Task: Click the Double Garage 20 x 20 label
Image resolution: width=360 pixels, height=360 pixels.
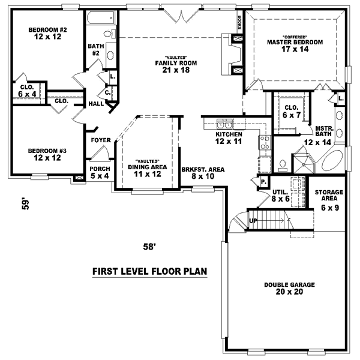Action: pyautogui.click(x=289, y=289)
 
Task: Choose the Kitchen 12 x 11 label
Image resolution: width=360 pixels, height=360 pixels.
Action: pyautogui.click(x=229, y=138)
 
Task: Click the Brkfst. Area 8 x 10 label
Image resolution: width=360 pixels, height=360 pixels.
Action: pyautogui.click(x=202, y=173)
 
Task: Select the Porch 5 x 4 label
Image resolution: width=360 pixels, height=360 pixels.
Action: pyautogui.click(x=100, y=173)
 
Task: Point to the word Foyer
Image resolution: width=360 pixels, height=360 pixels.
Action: pyautogui.click(x=100, y=140)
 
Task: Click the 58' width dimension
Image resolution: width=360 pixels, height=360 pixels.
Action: pyautogui.click(x=149, y=245)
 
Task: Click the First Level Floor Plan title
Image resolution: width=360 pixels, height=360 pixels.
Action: pyautogui.click(x=149, y=271)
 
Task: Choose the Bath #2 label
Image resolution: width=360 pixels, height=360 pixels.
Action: pyautogui.click(x=95, y=50)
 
